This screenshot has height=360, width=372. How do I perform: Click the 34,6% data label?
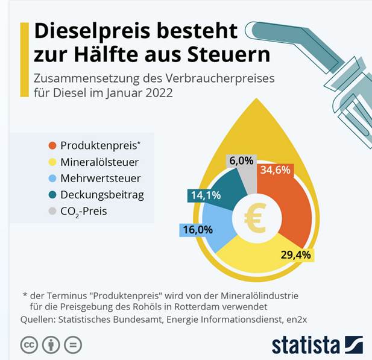click(x=275, y=170)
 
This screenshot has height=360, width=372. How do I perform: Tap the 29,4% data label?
click(x=296, y=255)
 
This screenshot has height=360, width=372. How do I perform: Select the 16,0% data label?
click(x=196, y=230)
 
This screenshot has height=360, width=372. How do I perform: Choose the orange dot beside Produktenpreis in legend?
click(x=53, y=145)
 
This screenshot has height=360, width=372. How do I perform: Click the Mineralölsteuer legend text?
click(x=99, y=162)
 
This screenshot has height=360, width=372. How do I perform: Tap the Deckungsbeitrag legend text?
click(x=102, y=195)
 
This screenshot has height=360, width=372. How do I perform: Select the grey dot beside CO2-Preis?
click(x=53, y=212)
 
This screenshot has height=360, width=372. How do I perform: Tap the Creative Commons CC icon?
click(x=29, y=345)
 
